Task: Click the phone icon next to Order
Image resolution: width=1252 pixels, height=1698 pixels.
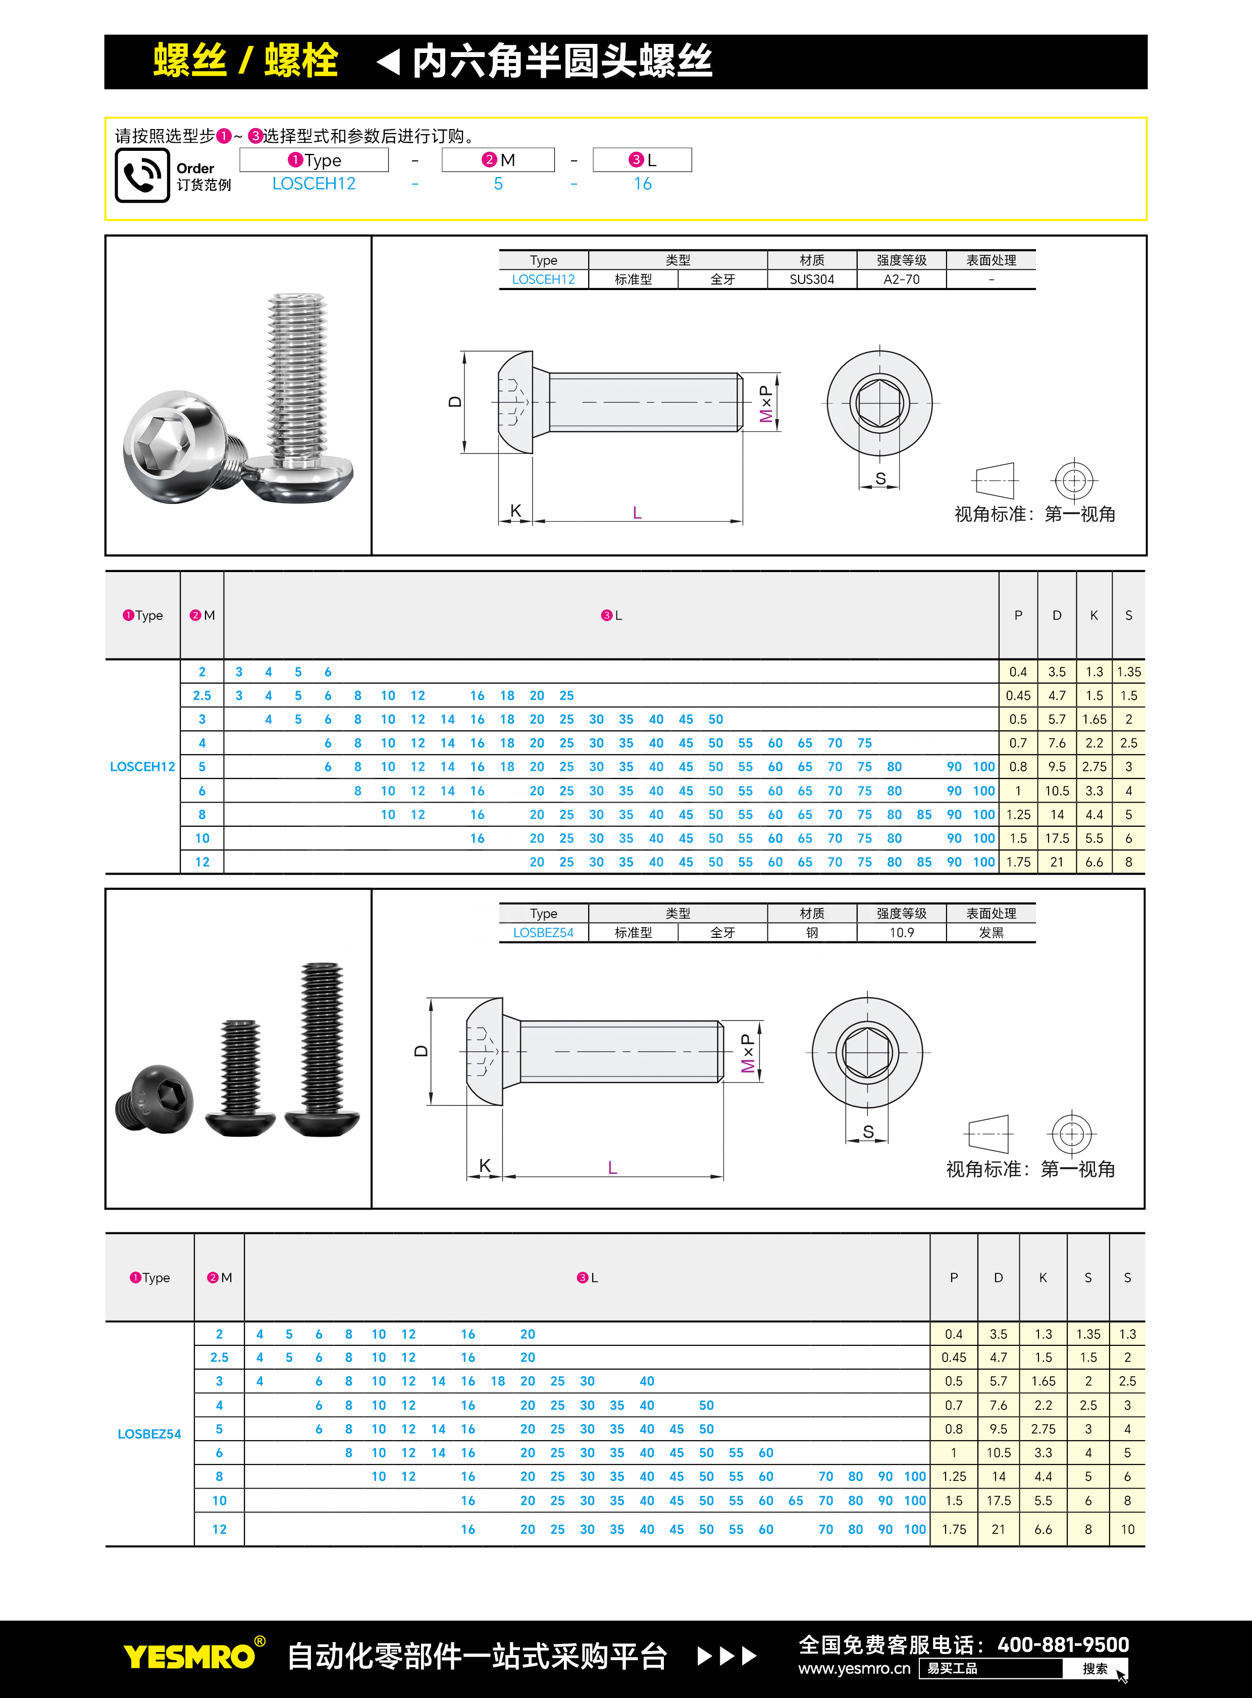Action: click(x=142, y=175)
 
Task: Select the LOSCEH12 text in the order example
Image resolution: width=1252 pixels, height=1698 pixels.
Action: click(x=314, y=184)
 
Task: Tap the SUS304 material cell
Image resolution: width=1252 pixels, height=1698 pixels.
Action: click(x=812, y=279)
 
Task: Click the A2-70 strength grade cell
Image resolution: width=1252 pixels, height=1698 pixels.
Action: click(x=901, y=279)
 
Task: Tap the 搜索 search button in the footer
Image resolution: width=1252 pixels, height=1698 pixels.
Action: click(x=1094, y=1668)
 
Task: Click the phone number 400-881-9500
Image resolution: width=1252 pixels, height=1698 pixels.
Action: click(x=1063, y=1644)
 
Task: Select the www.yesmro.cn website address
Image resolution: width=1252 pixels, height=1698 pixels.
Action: click(x=854, y=1668)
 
